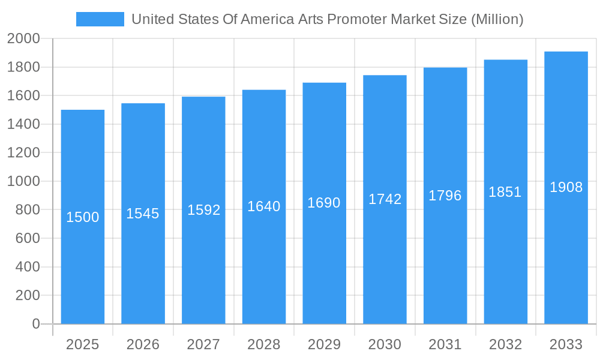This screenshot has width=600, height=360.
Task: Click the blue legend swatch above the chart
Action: coord(100,19)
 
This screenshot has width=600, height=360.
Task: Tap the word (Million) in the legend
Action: coord(497,19)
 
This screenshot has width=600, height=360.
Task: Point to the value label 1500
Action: coord(83,217)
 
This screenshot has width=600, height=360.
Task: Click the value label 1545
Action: coord(143,214)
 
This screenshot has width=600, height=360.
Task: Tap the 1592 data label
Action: coord(203,210)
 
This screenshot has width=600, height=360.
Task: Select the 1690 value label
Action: coord(324,203)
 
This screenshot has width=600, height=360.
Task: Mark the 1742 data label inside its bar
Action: coord(385,199)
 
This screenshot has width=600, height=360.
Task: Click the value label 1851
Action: coord(505,192)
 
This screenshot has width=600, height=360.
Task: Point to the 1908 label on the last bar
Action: coord(566,187)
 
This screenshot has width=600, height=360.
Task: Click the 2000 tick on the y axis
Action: coord(23,39)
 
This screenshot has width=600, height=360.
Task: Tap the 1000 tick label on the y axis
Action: coord(23,181)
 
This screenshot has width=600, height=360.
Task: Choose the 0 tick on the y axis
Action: coord(35,324)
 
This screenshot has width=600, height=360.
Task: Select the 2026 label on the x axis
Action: coord(143,344)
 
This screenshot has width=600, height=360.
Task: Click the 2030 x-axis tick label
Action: coord(385,344)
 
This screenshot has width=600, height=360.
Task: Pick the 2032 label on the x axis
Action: coord(505,344)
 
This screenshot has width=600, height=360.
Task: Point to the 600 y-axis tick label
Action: coord(27,238)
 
